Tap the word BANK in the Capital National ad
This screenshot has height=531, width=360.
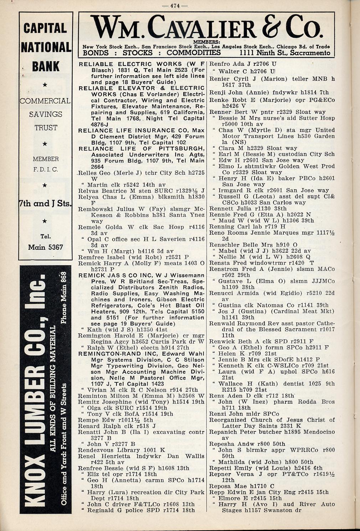click(46, 67)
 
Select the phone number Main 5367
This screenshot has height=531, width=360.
click(45, 247)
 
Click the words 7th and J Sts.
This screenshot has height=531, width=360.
click(45, 204)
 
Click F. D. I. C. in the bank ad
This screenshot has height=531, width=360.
click(45, 169)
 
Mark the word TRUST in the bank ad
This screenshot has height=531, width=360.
click(46, 128)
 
